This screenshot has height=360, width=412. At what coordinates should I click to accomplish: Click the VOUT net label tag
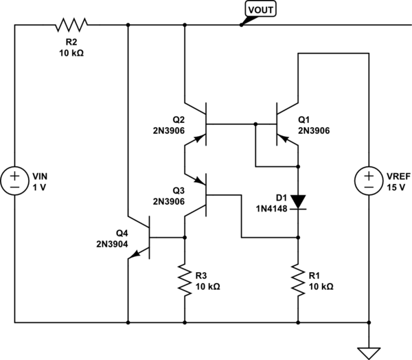point(260,10)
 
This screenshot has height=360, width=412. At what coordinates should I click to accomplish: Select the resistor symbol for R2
point(71,25)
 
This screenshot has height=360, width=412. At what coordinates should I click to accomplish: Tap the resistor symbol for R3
point(185,279)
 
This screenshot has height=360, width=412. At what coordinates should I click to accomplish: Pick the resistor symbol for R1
point(298,279)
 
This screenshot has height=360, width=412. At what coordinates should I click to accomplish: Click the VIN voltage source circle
point(14,181)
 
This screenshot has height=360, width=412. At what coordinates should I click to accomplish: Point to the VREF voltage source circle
point(369,181)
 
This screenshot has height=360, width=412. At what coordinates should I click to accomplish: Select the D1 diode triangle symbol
point(298,201)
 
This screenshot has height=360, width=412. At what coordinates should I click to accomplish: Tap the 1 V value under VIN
point(40,186)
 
